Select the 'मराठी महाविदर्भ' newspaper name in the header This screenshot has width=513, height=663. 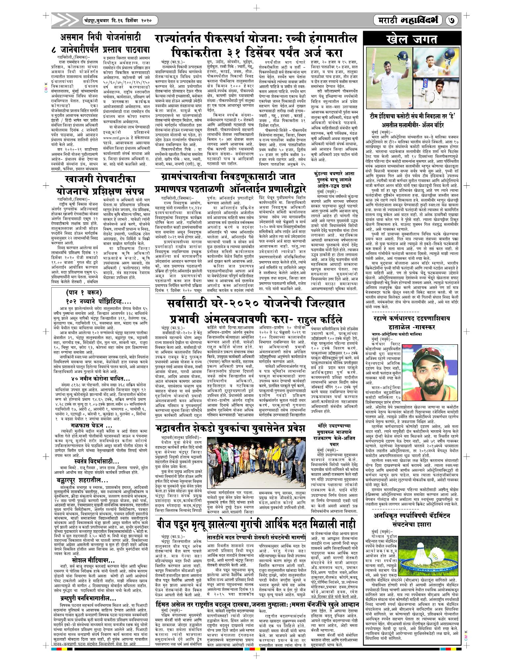(x=409, y=21)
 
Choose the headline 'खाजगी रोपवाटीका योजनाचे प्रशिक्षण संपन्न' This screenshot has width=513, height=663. (x=100, y=185)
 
